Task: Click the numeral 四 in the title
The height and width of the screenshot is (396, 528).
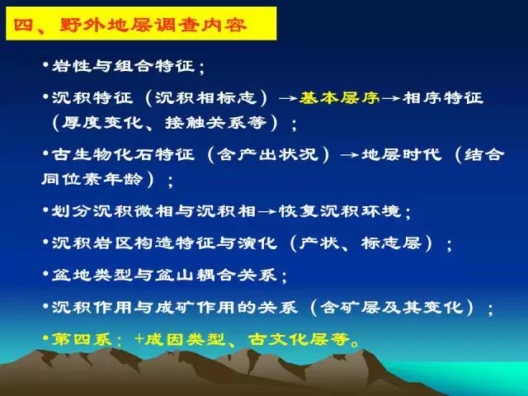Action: [23, 25]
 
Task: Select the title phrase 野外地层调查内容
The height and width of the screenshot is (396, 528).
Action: [153, 25]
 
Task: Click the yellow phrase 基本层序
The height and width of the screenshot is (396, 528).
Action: [339, 97]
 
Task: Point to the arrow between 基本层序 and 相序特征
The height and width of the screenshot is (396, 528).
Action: [390, 98]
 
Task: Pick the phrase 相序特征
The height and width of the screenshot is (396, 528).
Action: [442, 97]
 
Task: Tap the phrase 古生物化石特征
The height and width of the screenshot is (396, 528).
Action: [123, 155]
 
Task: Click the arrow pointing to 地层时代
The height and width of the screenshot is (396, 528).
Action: [350, 155]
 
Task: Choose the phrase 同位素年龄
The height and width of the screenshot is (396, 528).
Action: [92, 179]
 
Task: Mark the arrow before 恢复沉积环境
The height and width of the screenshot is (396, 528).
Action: [267, 212]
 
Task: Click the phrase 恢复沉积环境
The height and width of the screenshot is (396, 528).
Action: [339, 211]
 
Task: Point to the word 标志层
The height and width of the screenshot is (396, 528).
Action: [391, 243]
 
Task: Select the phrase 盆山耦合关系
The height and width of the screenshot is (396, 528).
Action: [216, 275]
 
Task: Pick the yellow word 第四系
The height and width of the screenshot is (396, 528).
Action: [82, 339]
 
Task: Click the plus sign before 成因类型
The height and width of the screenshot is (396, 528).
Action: [139, 339]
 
